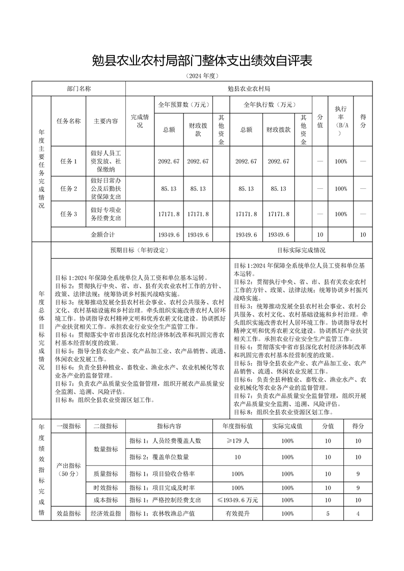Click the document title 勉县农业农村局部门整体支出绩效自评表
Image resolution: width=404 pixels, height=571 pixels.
202,61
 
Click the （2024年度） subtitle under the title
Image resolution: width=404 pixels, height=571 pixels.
202,76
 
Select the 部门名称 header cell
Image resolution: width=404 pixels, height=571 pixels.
79,89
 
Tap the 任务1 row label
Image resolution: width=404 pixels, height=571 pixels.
68,161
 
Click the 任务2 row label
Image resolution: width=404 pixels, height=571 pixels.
68,188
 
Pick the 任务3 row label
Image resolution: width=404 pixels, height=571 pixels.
68,215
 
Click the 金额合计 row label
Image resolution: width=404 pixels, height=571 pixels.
103,235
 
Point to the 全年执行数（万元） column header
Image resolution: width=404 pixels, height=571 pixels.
270,104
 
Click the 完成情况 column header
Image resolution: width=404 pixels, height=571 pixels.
140,121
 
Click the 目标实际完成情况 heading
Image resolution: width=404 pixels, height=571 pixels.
301,250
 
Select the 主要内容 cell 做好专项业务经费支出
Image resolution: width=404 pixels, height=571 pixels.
106,214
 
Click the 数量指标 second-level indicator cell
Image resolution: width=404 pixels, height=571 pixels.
106,449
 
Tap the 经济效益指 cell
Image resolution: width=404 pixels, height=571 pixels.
106,513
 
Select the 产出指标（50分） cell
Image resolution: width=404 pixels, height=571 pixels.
68,469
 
